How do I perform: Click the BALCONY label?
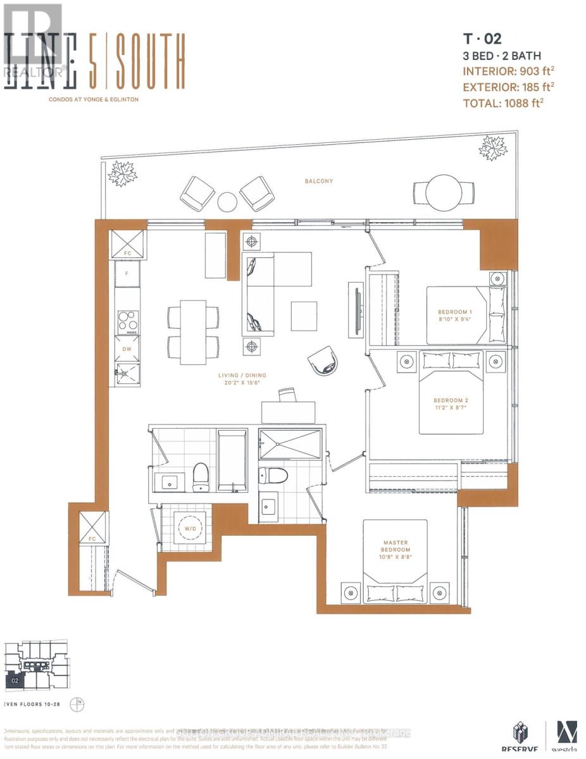click(x=318, y=181)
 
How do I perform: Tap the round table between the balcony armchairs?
click(x=227, y=202)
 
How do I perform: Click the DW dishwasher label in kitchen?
click(x=127, y=348)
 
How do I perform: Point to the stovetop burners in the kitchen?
click(x=128, y=322)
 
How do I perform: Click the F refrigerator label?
click(x=127, y=274)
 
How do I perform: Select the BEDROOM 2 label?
click(x=451, y=400)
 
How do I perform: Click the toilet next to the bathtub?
click(x=201, y=476)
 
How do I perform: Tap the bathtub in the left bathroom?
click(x=232, y=460)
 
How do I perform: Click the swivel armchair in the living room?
click(x=323, y=362)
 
